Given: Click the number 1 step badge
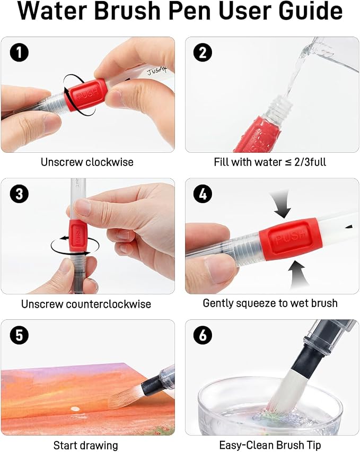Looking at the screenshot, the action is tap(19, 53).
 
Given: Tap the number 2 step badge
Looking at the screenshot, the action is tap(203, 53).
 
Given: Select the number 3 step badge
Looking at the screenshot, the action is tap(19, 194).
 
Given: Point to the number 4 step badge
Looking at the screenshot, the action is tap(203, 194).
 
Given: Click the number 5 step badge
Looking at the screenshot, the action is tap(19, 335).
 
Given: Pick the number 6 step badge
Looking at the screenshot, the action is tap(203, 335).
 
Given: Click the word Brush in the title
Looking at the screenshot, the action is tap(127, 11).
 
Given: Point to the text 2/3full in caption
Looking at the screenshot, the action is tap(310, 162).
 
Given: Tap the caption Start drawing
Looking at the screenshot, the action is tap(86, 446).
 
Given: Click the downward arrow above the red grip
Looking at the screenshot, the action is tap(282, 204).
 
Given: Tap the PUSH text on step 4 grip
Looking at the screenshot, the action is tap(291, 237).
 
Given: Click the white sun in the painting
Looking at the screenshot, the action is tap(75, 408).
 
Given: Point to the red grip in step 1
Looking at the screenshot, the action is tap(86, 95).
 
